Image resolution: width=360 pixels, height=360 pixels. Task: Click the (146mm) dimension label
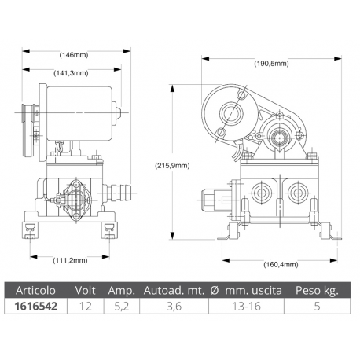click(x=74, y=54)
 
